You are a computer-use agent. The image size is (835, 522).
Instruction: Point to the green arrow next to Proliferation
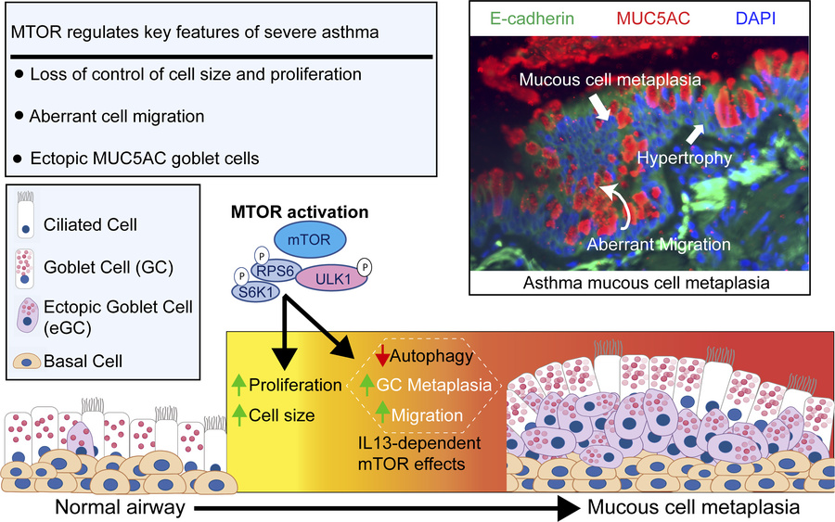(x=238, y=385)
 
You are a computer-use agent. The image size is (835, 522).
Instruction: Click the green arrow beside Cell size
(x=238, y=415)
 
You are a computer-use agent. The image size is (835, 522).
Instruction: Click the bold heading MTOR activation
(x=300, y=212)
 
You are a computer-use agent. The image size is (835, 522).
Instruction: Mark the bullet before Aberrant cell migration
(x=20, y=115)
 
